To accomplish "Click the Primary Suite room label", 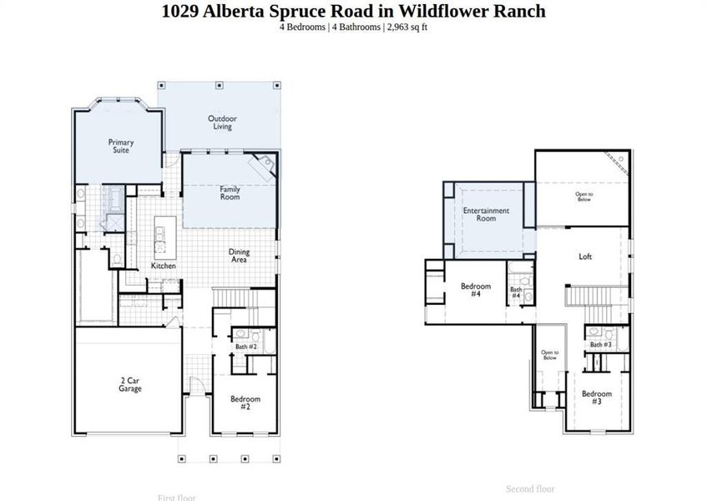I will coord(121,146).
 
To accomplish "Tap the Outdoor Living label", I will coord(221,123).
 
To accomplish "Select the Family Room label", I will coord(230,193).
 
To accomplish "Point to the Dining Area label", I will coord(239,256).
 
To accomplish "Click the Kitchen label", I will coord(164,266).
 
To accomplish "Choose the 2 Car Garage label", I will coord(129,384).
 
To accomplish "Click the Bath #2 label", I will coord(246,347).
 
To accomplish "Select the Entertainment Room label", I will coord(486,215).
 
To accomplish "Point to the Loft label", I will coord(585,256).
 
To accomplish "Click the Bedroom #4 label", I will coord(476,290).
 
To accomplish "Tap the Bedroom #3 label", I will coord(597,397).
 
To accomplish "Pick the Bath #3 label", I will coord(601,344).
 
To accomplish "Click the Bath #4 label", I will coord(516,293).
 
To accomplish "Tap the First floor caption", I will coord(177,498).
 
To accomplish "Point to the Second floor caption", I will coord(530,488).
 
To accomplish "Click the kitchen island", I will coord(164,236).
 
